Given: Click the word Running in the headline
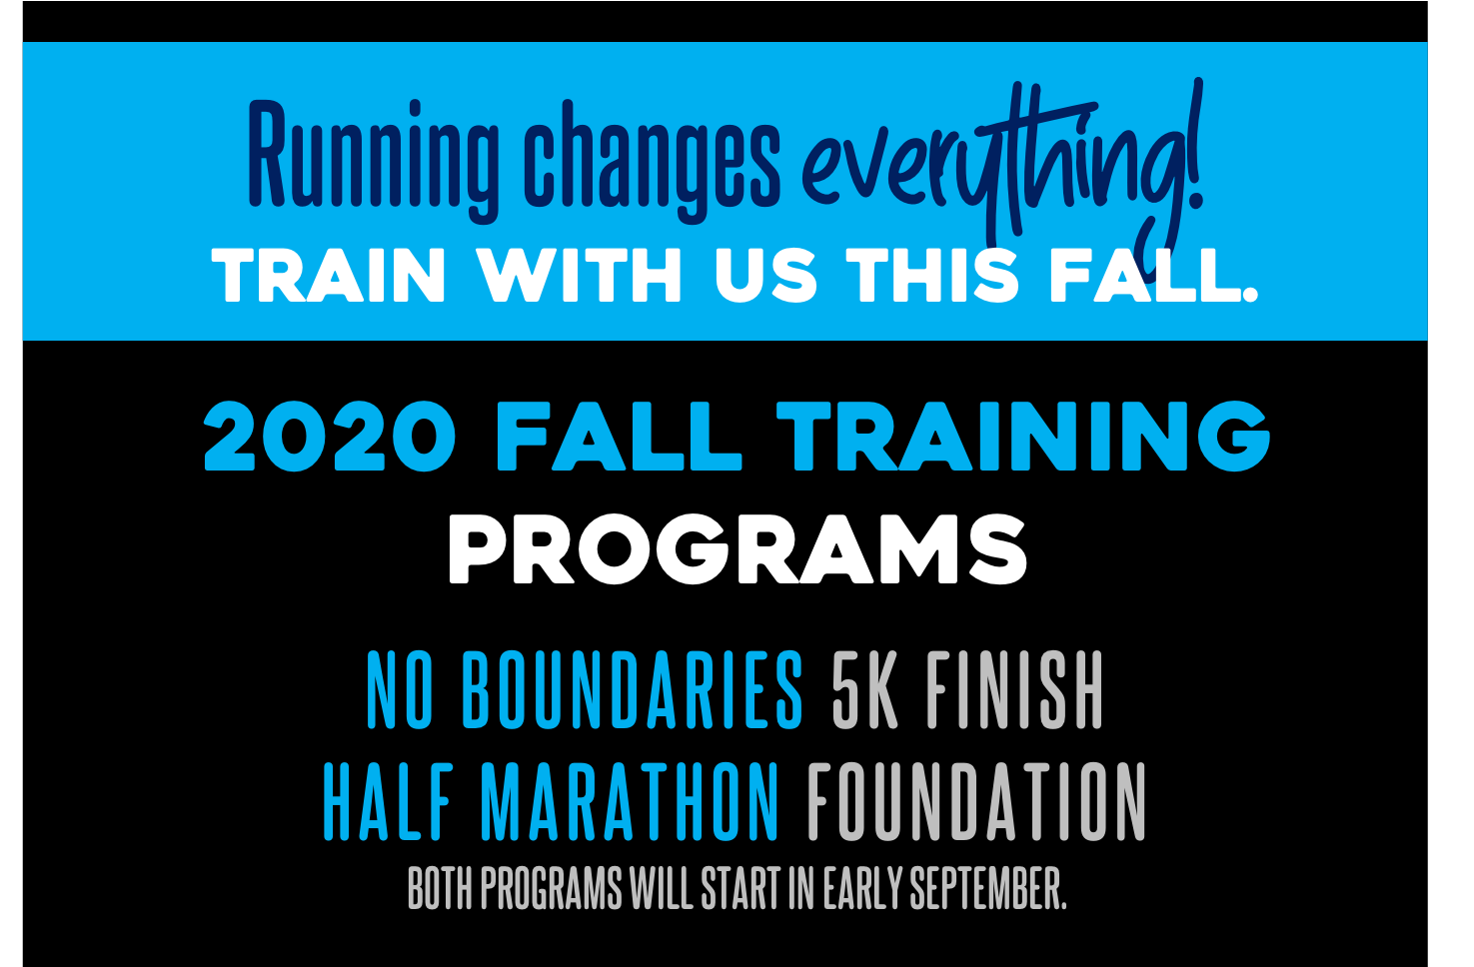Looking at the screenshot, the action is click(x=373, y=161).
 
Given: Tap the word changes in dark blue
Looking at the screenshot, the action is click(x=653, y=161).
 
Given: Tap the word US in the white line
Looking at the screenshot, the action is click(x=765, y=276).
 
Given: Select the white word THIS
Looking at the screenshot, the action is click(x=932, y=276).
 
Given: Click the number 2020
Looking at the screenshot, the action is click(x=329, y=436).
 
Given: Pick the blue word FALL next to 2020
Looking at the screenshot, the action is click(x=619, y=437).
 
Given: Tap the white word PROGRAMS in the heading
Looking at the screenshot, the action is click(x=737, y=549).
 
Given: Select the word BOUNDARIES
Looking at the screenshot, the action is click(x=633, y=690).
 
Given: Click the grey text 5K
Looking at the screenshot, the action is click(x=864, y=690).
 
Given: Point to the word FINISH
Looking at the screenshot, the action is click(x=1014, y=690).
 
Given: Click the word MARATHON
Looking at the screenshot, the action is click(x=630, y=802).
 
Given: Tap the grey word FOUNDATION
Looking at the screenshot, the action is click(x=976, y=802).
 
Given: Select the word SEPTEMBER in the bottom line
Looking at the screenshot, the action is click(x=987, y=889).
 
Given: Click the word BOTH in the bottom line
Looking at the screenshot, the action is click(x=441, y=889).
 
